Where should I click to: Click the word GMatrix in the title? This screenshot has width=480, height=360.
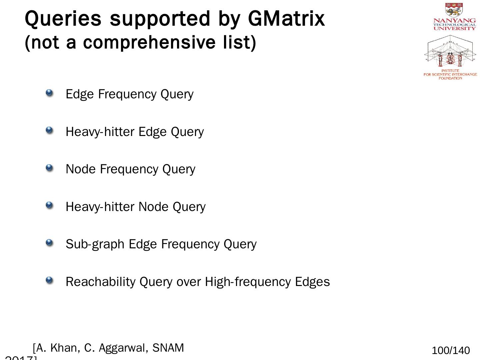tap(286, 19)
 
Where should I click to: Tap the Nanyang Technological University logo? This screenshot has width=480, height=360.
tap(454, 17)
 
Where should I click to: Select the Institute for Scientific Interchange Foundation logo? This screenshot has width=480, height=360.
tap(450, 57)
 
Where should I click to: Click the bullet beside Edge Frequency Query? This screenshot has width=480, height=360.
tap(49, 93)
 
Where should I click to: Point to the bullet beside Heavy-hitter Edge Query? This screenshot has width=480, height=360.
tap(49, 131)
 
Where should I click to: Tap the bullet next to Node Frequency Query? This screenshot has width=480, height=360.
tap(49, 168)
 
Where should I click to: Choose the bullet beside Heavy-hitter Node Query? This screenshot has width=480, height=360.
tap(49, 206)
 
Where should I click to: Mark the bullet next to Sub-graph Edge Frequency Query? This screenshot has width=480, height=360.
tap(49, 243)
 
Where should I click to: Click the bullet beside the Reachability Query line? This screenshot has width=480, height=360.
tap(49, 281)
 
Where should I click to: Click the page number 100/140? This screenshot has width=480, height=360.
tap(451, 351)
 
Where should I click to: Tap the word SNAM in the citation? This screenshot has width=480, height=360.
tap(168, 348)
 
